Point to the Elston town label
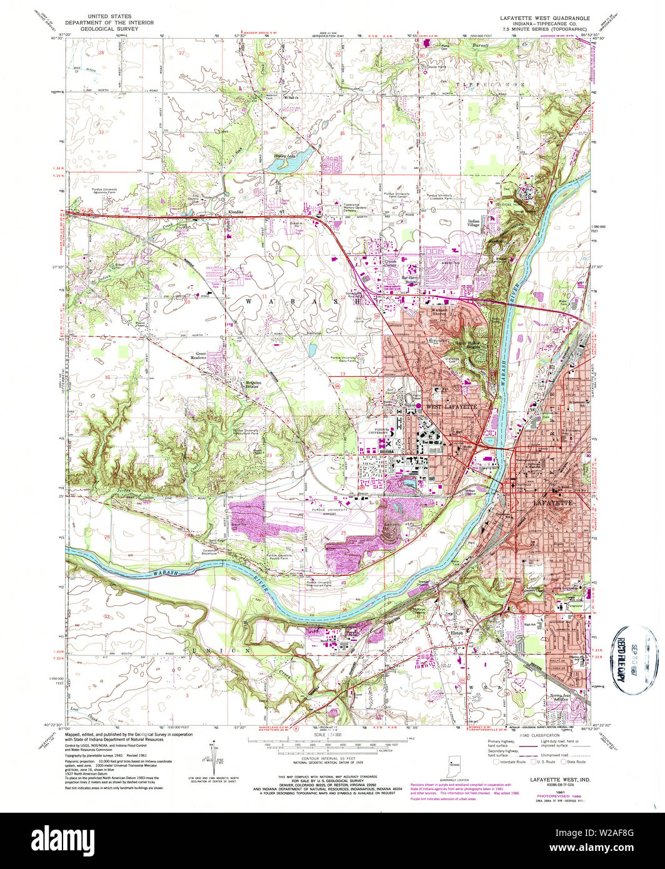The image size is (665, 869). [457, 633]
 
